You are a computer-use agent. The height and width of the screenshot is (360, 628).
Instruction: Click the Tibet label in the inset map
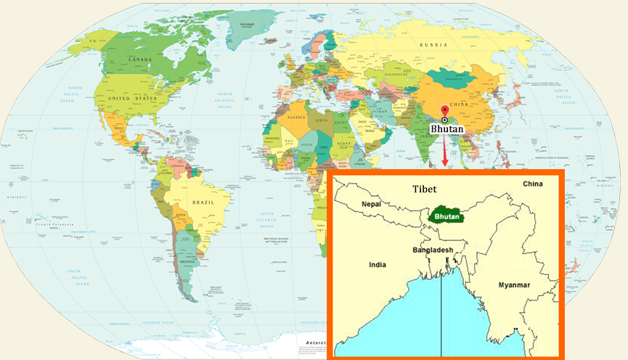tap(425, 189)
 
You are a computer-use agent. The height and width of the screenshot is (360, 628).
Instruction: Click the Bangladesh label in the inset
tap(433, 250)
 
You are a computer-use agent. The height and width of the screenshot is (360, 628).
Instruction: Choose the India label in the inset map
tap(378, 265)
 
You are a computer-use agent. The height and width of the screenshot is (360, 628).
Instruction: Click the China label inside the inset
tap(532, 184)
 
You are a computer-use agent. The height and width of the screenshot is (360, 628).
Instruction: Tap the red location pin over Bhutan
tap(444, 113)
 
